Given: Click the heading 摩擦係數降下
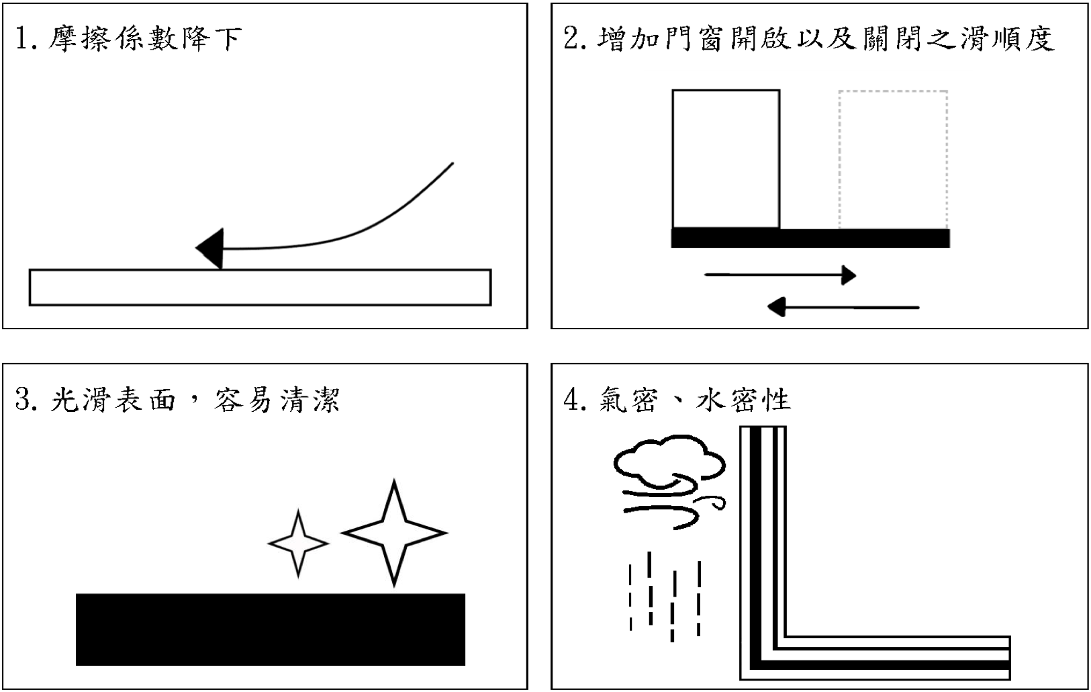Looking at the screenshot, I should tap(144, 39).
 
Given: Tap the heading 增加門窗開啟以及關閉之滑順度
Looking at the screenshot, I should tap(825, 39).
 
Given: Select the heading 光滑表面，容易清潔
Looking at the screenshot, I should tap(195, 400).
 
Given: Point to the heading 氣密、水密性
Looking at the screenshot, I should tap(694, 400).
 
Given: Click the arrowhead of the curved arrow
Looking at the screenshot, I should tap(210, 249).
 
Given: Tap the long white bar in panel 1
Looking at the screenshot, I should tap(260, 288).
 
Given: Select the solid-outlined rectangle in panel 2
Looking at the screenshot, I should tap(726, 159).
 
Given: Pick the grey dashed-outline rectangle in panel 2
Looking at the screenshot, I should tap(893, 159).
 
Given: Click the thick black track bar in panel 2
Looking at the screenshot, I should tap(810, 238).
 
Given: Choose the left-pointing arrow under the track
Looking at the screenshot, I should tap(843, 308).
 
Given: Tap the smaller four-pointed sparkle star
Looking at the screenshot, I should tap(298, 543).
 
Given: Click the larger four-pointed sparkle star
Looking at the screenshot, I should tap(394, 533).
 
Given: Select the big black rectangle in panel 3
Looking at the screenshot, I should tap(271, 629).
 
